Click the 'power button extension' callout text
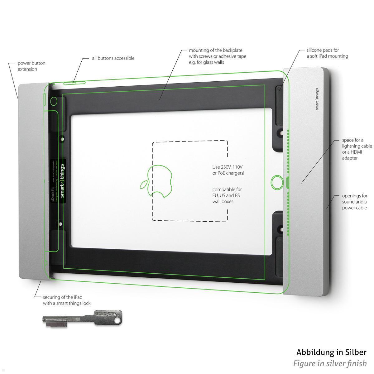pos(31,66)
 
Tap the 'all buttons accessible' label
pos(113,58)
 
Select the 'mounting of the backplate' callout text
pos(217,56)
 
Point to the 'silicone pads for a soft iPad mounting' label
pos(327,53)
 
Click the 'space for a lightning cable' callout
pos(357,149)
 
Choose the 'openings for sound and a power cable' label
pos(355,202)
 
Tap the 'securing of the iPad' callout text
pos(66,300)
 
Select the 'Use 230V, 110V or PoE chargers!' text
pos(228,170)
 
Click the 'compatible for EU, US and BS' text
pos(227,195)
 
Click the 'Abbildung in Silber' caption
pos(331,352)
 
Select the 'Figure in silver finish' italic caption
pos(330,363)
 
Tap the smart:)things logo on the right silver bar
pos(317,99)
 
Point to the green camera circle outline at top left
pos(54,101)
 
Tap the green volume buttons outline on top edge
pos(75,83)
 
